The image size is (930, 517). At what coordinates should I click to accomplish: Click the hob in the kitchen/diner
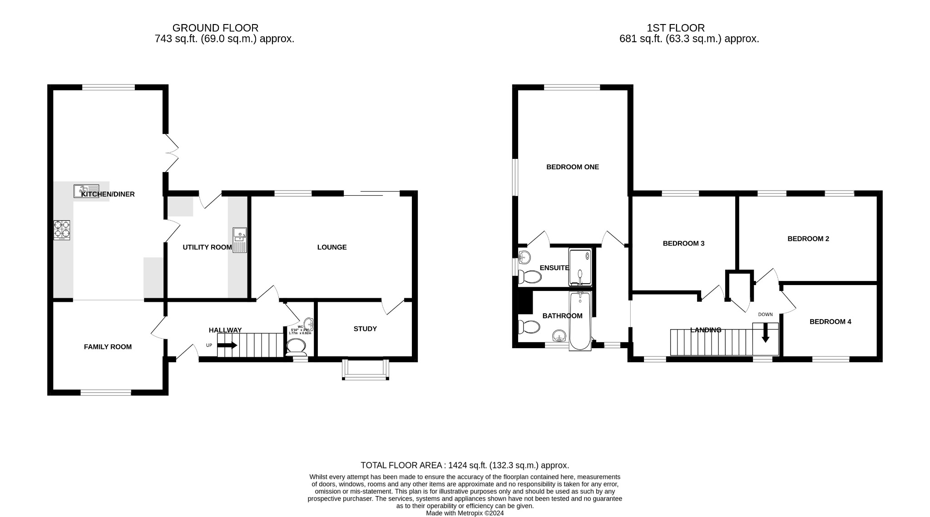point(62,230)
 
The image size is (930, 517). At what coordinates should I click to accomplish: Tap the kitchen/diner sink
point(86,191)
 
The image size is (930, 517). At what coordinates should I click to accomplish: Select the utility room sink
point(239,240)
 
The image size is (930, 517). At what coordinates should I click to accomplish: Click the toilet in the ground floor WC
point(297,347)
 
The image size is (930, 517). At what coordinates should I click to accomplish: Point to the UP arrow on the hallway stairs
point(228,345)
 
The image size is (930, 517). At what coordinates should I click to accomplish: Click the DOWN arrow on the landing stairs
point(765,333)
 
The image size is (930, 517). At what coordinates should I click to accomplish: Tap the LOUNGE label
point(331,247)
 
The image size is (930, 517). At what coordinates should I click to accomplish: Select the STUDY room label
point(365,329)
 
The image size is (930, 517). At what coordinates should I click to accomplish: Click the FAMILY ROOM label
point(108,347)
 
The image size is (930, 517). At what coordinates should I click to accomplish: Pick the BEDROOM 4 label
point(830,322)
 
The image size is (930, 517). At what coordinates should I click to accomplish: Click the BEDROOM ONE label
point(572,167)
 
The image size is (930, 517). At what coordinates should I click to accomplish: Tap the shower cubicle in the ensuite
point(580,267)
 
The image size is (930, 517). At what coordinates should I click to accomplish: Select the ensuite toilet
point(529,276)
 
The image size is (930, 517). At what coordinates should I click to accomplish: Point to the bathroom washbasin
point(559,336)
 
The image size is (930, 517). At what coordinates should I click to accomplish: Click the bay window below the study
point(366,370)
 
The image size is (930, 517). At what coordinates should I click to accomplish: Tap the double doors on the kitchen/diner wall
point(171,153)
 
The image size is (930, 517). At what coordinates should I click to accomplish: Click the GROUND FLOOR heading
point(215,28)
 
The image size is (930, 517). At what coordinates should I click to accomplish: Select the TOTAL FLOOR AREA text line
point(465,465)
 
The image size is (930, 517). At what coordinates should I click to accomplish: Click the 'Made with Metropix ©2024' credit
point(465,513)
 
